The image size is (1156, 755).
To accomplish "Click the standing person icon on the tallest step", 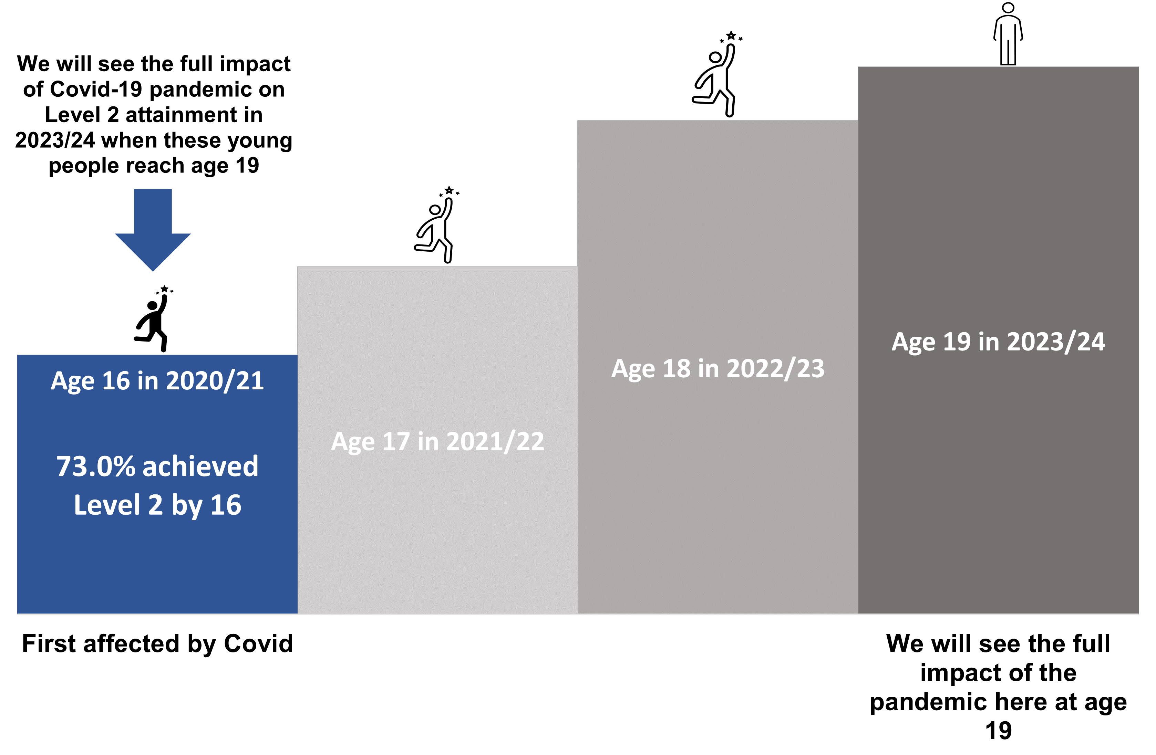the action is click(x=1008, y=34).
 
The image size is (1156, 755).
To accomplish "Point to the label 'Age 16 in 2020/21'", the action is click(x=157, y=381).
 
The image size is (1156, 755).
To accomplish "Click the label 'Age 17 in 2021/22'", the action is click(x=437, y=442).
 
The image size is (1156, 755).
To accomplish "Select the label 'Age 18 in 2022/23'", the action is click(x=718, y=368).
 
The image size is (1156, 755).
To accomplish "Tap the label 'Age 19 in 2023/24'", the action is click(x=998, y=342).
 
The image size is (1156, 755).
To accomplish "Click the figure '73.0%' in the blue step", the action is click(x=96, y=466).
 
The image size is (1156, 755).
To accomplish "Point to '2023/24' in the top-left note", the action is click(x=55, y=140).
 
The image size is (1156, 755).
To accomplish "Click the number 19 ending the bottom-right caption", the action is click(x=999, y=731).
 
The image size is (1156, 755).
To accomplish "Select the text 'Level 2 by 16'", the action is click(x=157, y=505).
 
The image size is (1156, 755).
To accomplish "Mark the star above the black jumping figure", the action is click(x=165, y=289).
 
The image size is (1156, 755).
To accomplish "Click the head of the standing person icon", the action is click(x=1008, y=8).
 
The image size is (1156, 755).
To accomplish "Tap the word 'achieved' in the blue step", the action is click(x=200, y=466).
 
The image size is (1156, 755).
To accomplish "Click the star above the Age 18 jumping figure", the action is click(x=731, y=35).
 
